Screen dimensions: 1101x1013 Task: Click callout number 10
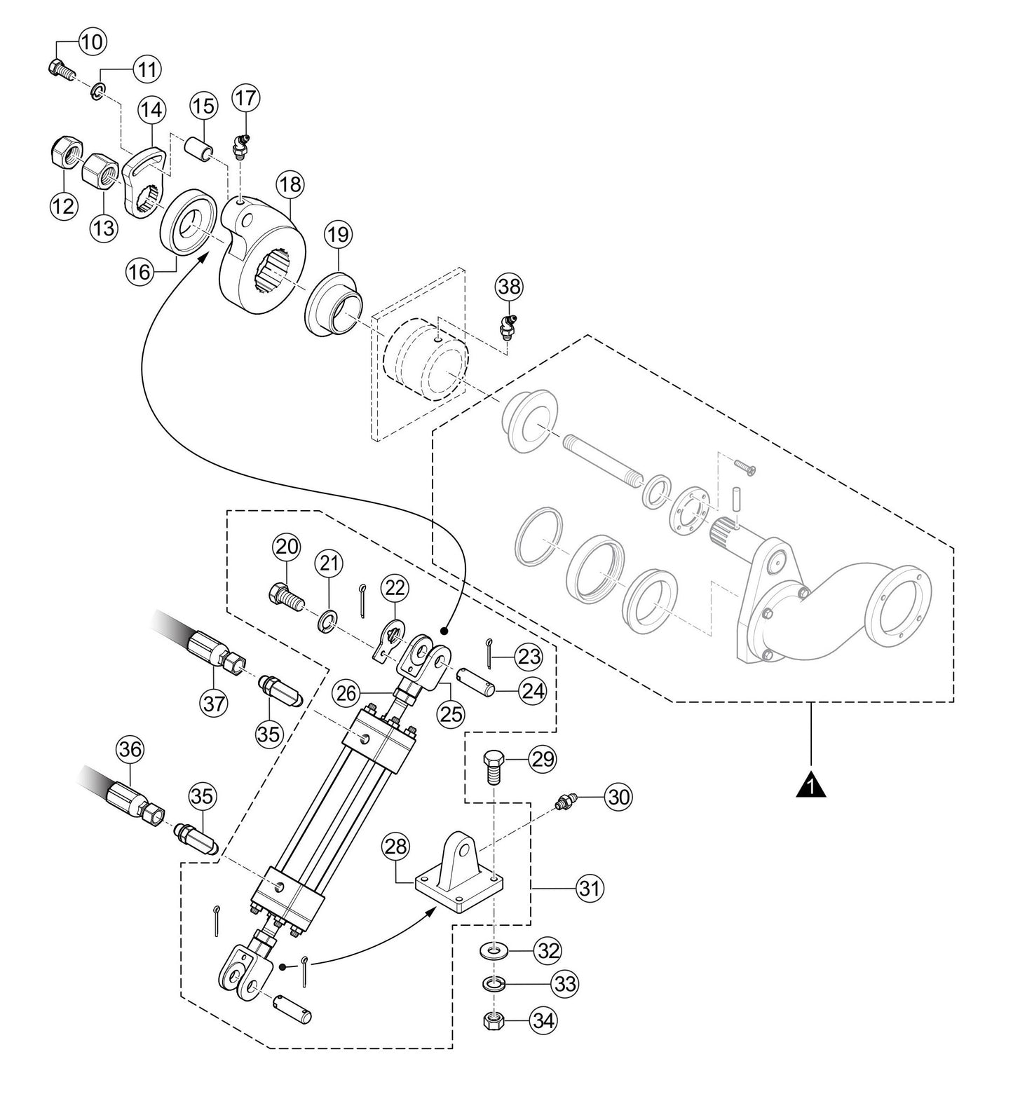pyautogui.click(x=92, y=41)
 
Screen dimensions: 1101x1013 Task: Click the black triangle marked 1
pyautogui.click(x=810, y=786)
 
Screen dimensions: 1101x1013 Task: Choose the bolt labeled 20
pyautogui.click(x=285, y=596)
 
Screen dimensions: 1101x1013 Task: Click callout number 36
pyautogui.click(x=130, y=749)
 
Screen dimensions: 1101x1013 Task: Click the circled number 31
pyautogui.click(x=589, y=889)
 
